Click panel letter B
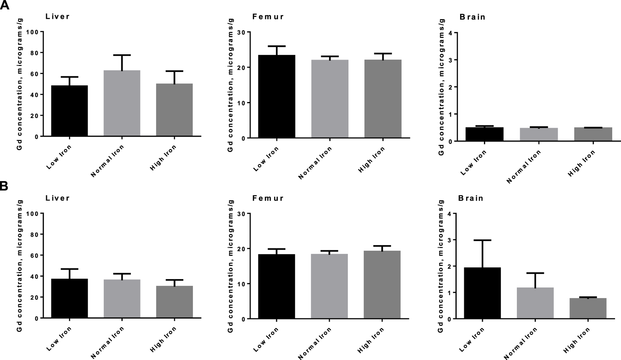pyautogui.click(x=4, y=186)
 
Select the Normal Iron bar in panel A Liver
pyautogui.click(x=122, y=103)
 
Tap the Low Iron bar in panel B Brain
pyautogui.click(x=482, y=293)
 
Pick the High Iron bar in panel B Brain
pyautogui.click(x=588, y=308)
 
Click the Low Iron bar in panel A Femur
pyautogui.click(x=277, y=96)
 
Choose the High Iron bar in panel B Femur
pyautogui.click(x=382, y=284)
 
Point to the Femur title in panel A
pyautogui.click(x=268, y=17)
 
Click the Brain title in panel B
pyautogui.click(x=471, y=198)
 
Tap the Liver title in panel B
pyautogui.click(x=58, y=198)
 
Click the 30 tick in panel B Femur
pyautogui.click(x=241, y=213)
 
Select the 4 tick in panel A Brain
pyautogui.click(x=450, y=33)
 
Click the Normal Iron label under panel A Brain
pyautogui.click(x=524, y=167)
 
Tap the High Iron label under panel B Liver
pyautogui.click(x=163, y=339)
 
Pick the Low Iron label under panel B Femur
pyautogui.click(x=266, y=340)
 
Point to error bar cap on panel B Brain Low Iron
pyautogui.click(x=482, y=240)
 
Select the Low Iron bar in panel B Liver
pyautogui.click(x=69, y=298)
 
